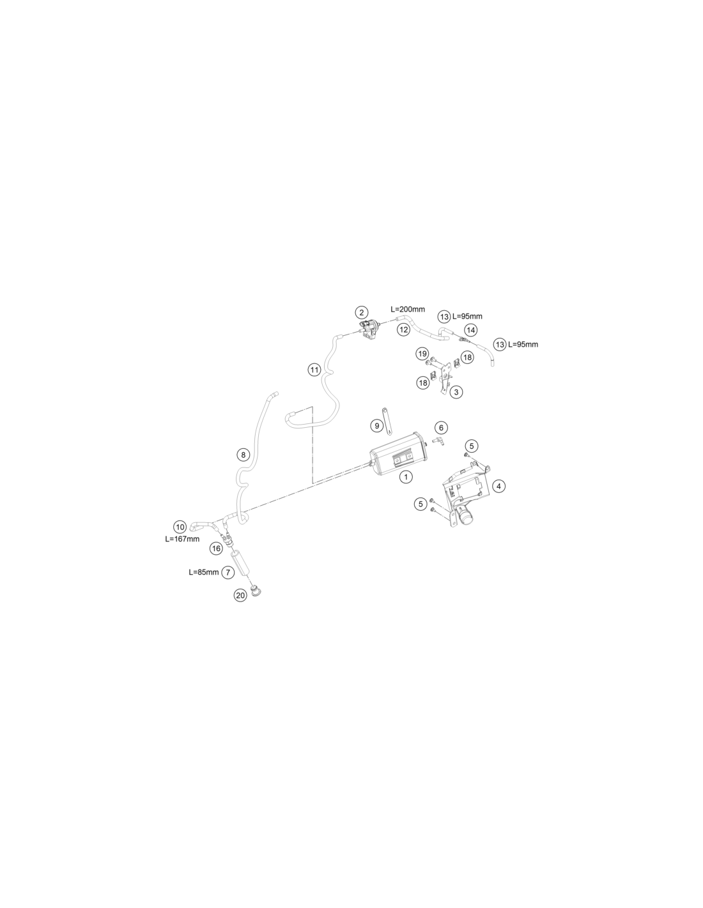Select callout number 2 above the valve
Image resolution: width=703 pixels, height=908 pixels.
(361, 312)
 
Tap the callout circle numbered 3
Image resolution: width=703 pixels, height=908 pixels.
(456, 392)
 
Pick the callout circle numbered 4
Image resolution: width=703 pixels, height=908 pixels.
(498, 486)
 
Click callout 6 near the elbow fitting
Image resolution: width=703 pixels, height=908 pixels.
(441, 427)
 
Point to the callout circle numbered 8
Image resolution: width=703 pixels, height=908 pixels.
(243, 455)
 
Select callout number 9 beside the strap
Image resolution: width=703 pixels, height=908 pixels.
(377, 426)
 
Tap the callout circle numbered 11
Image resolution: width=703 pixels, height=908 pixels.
(314, 370)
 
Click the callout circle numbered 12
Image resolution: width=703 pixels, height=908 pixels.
(403, 329)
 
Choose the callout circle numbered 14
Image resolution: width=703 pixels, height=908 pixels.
(471, 330)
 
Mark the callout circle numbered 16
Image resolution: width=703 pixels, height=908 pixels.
(216, 549)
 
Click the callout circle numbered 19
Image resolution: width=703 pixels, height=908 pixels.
(422, 354)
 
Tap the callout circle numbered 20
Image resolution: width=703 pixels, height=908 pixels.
(240, 596)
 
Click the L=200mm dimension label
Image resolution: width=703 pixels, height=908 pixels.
(408, 310)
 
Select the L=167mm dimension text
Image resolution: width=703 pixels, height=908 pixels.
(182, 539)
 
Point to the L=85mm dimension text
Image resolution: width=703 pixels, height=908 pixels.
(204, 572)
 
